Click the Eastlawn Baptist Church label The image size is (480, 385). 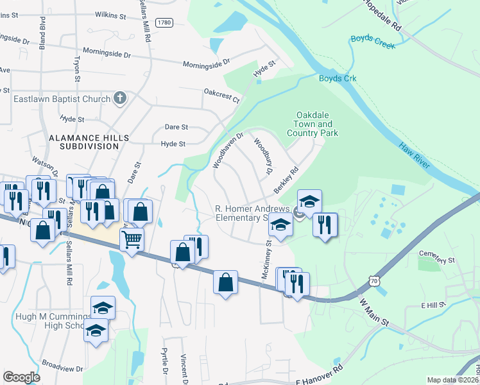62,99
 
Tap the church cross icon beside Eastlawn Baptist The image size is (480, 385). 119,98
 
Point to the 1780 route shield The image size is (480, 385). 164,22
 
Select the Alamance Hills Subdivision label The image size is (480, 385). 90,142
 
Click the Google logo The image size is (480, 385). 22,377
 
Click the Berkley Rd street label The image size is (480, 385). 287,180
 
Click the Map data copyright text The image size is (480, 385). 452,380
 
